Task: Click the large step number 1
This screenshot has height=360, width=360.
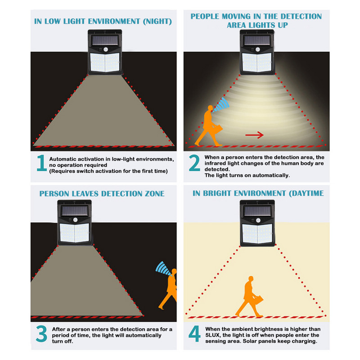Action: coord(42,163)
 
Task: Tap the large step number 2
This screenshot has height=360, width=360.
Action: coord(194,163)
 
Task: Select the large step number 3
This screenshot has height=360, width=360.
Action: coord(41,333)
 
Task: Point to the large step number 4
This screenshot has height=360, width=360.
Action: coord(194,333)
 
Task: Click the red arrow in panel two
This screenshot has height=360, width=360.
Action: coord(254,135)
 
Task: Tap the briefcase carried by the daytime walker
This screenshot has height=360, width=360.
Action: coord(258,299)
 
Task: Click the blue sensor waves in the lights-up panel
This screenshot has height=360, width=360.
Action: coord(221,105)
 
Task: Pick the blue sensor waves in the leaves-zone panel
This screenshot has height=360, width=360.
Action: coord(163,268)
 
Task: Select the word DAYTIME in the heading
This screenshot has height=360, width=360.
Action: coord(306,193)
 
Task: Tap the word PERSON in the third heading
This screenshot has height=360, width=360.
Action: coord(54,194)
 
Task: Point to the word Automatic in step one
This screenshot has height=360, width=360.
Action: coord(61,159)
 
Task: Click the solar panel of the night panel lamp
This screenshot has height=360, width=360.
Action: coord(105,40)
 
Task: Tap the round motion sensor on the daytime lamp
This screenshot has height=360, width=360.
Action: coord(258,220)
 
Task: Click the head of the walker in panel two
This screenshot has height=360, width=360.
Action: coord(210,108)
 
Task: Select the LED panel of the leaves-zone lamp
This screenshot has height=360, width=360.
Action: coord(74,233)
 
